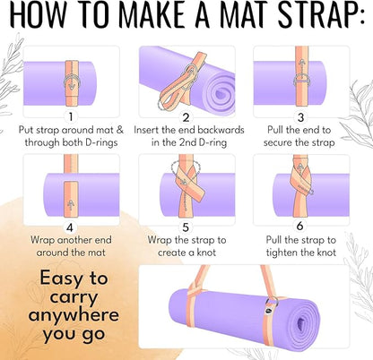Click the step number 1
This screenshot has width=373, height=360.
(70, 116)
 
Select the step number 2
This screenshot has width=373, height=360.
(186, 116)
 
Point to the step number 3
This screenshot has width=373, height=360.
(301, 116)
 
